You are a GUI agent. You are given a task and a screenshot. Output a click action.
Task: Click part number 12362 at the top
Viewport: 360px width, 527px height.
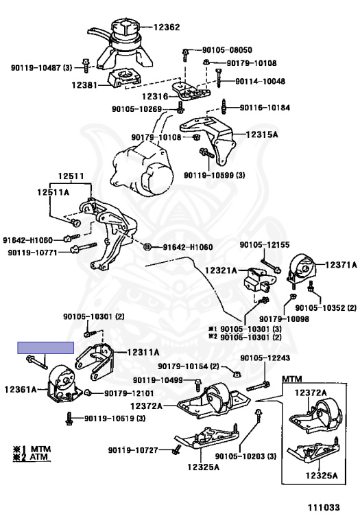click(x=167, y=27)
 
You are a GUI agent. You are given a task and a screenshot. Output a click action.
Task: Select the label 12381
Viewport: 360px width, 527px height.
click(x=84, y=85)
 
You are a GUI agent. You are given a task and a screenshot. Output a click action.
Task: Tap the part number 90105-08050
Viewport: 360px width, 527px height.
click(x=227, y=50)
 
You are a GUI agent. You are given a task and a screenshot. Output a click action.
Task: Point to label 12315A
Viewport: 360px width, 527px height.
click(x=262, y=134)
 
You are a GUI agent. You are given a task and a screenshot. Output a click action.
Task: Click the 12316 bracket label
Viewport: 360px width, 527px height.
click(x=155, y=97)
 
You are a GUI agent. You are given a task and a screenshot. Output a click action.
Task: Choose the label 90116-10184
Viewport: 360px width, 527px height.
click(x=265, y=108)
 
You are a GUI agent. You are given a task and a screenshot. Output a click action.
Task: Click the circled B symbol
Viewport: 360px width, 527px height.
click(x=147, y=247)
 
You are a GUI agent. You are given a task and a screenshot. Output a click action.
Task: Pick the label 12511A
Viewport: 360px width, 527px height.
click(x=53, y=192)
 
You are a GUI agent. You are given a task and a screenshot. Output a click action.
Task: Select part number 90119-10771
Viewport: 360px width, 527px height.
click(x=33, y=252)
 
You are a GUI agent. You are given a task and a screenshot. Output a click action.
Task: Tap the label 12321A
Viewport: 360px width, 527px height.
click(x=221, y=270)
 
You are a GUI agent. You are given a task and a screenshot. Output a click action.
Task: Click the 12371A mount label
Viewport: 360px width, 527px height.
click(x=341, y=265)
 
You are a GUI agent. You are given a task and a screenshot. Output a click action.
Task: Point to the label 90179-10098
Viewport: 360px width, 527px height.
click(x=284, y=318)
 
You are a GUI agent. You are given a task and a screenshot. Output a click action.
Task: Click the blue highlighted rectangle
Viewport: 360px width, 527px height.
click(x=46, y=348)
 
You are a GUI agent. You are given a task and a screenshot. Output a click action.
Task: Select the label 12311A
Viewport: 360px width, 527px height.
click(x=143, y=352)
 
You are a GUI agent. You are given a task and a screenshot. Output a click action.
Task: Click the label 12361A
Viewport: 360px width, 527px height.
click(x=20, y=390)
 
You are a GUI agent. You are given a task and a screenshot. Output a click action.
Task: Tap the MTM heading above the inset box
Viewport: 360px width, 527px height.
click(x=292, y=379)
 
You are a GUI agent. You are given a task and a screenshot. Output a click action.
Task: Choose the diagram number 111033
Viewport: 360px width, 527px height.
click(x=324, y=507)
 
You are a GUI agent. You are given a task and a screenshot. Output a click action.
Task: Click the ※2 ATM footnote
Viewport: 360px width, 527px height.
click(x=32, y=457)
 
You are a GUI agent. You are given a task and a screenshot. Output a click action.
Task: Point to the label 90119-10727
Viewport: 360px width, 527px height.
click(x=133, y=449)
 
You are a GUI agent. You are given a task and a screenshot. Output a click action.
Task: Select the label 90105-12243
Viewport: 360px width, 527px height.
click(x=265, y=358)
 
